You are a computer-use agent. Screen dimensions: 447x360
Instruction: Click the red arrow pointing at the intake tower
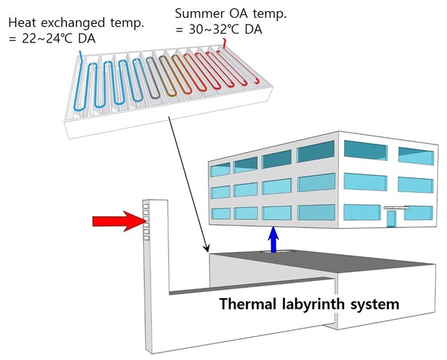(x=119, y=221)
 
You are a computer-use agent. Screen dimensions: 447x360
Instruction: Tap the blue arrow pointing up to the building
(x=273, y=239)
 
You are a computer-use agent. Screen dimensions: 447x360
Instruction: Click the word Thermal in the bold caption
(x=247, y=303)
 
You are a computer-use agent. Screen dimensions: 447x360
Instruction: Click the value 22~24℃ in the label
(x=47, y=39)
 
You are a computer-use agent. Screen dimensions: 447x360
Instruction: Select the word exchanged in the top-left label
(x=73, y=23)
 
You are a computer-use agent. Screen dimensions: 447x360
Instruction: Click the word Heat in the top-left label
(x=22, y=22)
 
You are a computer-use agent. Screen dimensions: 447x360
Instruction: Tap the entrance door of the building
(x=391, y=219)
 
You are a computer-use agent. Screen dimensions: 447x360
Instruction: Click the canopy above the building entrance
(x=396, y=208)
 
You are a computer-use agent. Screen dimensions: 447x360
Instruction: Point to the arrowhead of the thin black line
(x=206, y=248)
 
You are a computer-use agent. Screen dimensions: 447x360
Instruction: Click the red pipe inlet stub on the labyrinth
(x=225, y=44)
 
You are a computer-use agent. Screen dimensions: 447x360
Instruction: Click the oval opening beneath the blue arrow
(x=277, y=252)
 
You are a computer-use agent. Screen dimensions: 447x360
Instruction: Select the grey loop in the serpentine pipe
(x=153, y=78)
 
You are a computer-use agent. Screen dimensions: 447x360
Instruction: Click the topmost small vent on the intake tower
(x=146, y=206)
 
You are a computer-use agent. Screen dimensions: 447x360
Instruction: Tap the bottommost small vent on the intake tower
(x=147, y=238)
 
